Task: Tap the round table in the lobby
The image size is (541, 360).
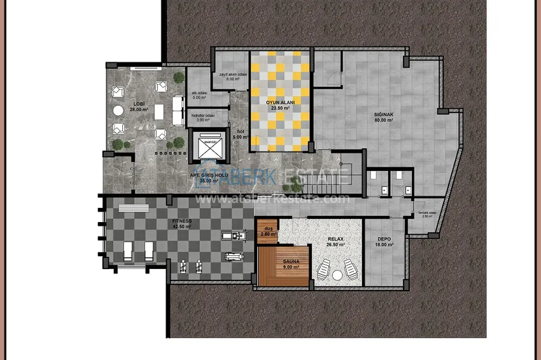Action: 118,111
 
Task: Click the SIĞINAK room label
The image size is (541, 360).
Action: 384,115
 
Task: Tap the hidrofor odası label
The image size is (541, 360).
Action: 204,114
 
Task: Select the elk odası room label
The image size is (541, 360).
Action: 200,93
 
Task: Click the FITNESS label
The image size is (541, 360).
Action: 181,220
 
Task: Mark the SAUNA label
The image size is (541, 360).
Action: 284,261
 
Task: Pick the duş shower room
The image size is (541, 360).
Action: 267,230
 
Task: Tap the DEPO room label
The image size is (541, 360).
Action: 384,239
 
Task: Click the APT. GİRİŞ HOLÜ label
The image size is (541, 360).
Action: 208,175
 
